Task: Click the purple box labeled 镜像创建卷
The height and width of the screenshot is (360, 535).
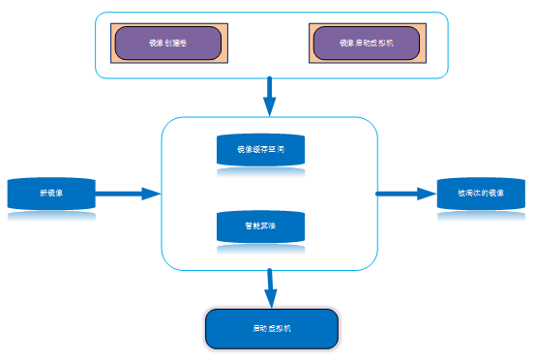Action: point(168,44)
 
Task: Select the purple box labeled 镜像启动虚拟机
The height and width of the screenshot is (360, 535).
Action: point(367,44)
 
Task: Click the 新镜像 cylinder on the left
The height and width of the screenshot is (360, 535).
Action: point(51,193)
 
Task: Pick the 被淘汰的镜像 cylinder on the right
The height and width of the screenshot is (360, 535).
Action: point(481,193)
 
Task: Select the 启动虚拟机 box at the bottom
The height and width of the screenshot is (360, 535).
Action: point(272,329)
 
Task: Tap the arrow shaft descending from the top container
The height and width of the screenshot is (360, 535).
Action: point(269,89)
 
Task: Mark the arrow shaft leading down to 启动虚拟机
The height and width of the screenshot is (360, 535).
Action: point(270,281)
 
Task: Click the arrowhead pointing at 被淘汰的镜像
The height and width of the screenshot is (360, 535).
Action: point(427,194)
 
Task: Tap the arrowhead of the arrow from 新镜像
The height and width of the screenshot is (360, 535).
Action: point(150,194)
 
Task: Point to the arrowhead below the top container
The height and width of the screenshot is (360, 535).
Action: point(269,106)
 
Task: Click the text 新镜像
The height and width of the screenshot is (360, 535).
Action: point(51,194)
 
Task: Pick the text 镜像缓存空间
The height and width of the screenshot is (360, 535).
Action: point(260,150)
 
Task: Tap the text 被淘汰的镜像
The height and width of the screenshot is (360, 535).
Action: point(481,194)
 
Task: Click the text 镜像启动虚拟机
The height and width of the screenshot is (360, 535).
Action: point(367,44)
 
